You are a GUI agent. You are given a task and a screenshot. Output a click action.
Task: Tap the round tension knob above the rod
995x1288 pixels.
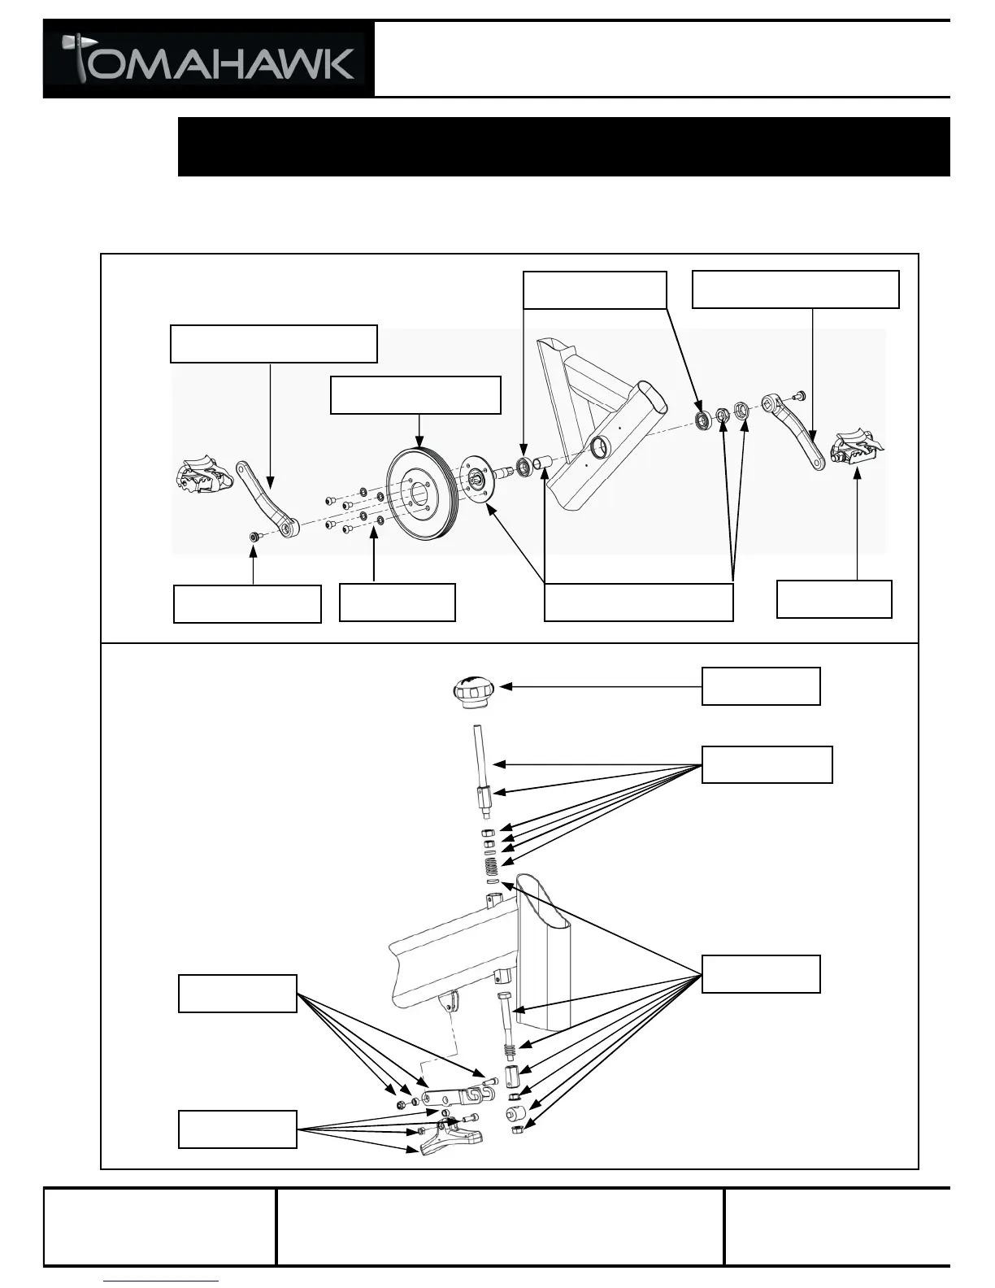coord(471,690)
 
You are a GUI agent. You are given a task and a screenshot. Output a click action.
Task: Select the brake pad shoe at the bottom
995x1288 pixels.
coord(451,1138)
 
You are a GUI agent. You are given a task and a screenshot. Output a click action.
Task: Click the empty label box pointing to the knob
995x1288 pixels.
coord(760,686)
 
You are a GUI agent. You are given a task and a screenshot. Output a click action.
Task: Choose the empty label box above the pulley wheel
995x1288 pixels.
coord(415,395)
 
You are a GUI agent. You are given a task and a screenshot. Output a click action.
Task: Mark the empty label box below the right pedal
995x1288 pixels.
coord(834,598)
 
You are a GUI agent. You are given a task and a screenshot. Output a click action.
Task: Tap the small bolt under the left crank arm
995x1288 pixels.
coord(254,537)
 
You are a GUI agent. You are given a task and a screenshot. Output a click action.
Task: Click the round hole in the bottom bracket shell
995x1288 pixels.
coord(601,446)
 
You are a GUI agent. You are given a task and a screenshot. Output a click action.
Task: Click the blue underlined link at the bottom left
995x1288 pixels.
coord(161,1281)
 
